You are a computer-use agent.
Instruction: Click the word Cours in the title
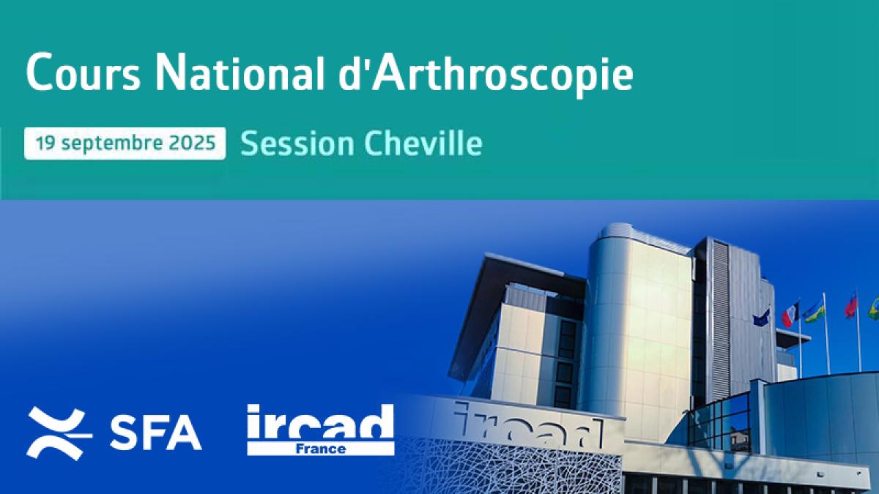tap(84, 72)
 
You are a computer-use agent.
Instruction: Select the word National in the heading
tap(240, 72)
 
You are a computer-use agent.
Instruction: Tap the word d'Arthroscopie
tap(486, 75)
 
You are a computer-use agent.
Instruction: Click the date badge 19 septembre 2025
tap(125, 143)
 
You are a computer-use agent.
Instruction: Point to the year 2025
tap(192, 143)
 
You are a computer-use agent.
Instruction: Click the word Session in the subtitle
tap(297, 143)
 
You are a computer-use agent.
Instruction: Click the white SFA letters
tap(156, 433)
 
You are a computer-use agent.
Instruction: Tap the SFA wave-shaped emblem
tap(59, 433)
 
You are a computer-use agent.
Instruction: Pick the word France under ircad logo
tap(321, 449)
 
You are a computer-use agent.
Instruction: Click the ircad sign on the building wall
tap(529, 424)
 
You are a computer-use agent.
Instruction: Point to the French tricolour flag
tap(790, 314)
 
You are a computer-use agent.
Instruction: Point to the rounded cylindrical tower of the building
tap(639, 326)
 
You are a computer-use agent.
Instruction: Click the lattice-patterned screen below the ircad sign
tap(510, 467)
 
